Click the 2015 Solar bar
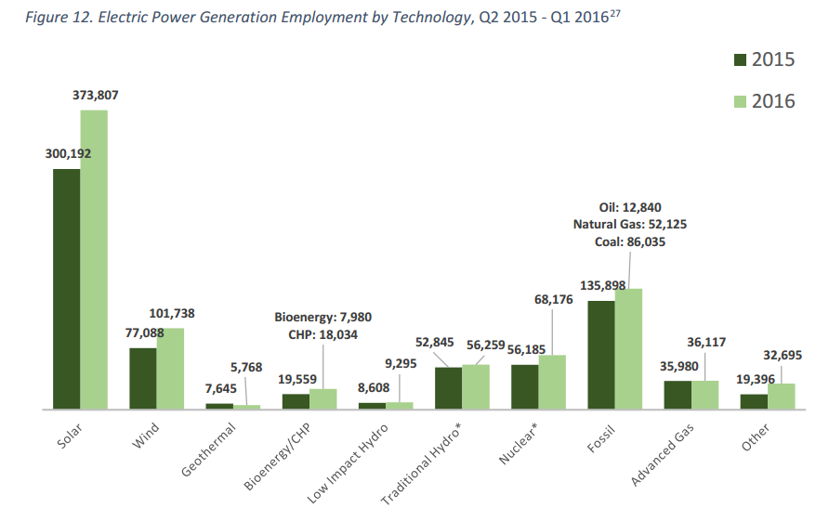coord(66,289)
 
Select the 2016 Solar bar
coord(94,259)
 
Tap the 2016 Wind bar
coord(170,369)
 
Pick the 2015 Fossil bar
coord(601,355)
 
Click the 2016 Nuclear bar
coord(552,382)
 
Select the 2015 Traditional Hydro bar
coord(449,388)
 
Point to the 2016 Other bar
coord(782,397)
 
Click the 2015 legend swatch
coord(741,60)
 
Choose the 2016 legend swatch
coord(741,101)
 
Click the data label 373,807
coord(95,95)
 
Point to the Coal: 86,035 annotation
coord(630,241)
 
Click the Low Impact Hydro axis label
coord(348,465)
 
